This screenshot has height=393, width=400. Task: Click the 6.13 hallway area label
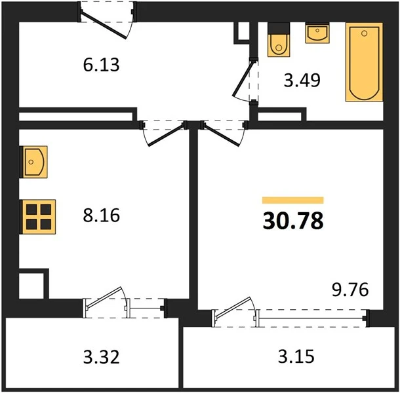[x=101, y=65]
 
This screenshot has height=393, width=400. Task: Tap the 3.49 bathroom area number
[x=302, y=81]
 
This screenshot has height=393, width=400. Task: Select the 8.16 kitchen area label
[x=101, y=215]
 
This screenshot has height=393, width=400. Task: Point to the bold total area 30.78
[x=293, y=221]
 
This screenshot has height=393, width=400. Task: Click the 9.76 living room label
[x=350, y=290]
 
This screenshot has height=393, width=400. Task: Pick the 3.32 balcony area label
[x=101, y=357]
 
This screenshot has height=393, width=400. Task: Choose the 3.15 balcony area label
[x=296, y=356]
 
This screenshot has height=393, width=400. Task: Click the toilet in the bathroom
[x=279, y=39]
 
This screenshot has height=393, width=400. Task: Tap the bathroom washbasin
[x=317, y=33]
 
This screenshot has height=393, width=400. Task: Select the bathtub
[x=365, y=62]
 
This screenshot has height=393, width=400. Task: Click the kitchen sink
[x=34, y=162]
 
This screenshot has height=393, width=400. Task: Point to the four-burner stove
[x=38, y=217]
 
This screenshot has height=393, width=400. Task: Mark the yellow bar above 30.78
[x=293, y=200]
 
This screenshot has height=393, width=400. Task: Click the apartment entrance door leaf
[x=104, y=26]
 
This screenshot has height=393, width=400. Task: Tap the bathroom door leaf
[x=243, y=78]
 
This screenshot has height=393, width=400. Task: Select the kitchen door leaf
[x=166, y=135]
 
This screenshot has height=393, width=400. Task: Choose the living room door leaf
[x=222, y=135]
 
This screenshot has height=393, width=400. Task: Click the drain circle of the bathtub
[x=365, y=33]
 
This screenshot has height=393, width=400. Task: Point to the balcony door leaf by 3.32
[x=104, y=297]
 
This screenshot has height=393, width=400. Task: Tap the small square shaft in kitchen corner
[x=31, y=286]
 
